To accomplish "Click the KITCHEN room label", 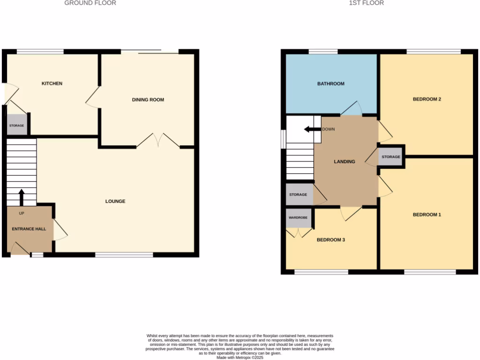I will pos(52,83).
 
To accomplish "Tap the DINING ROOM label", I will pos(148,99).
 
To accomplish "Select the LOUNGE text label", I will pos(115,201).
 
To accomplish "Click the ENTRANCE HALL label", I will pos(29,229).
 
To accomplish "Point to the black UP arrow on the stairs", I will pos(21,196).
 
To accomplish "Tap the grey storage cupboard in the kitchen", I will pos(16,125).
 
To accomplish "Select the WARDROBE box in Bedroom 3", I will pos(298,218).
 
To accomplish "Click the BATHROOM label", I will pos(330,84).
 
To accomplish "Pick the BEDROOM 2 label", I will pos(427,99).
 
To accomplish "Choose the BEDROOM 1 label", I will pos(427,215).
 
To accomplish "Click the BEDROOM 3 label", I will pos(331,240).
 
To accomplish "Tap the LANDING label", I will pos(344,161).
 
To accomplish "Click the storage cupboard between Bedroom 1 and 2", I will pos(391,157).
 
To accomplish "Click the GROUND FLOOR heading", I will pos(90,3).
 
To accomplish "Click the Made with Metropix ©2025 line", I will pos(240,358).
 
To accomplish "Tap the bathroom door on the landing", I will pos(352,109).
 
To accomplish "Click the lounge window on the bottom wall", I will pos(124,255).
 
